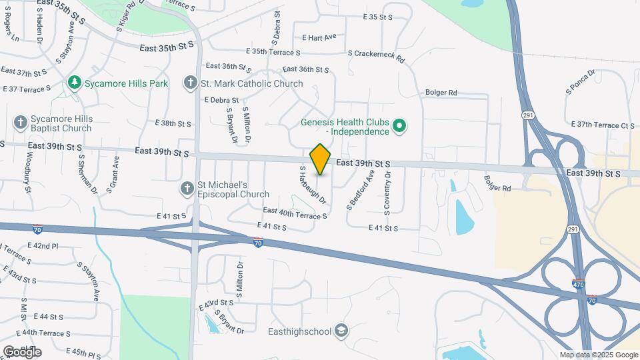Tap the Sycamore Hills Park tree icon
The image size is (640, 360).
[75, 83]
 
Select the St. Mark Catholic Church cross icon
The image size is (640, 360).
[191, 83]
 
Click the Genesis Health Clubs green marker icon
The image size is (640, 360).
[399, 126]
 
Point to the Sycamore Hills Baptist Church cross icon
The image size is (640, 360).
[21, 123]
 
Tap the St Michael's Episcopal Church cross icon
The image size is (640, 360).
[187, 189]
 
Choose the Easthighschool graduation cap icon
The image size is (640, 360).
[341, 331]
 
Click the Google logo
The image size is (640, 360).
[22, 351]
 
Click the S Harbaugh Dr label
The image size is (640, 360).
[313, 185]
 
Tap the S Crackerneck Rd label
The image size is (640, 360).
[376, 56]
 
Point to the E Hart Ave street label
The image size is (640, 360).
[319, 38]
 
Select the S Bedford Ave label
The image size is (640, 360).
[361, 190]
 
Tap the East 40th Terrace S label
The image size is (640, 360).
[295, 213]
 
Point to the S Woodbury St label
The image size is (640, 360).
[28, 171]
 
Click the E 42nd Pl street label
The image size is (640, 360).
[43, 246]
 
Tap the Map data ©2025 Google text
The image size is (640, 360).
[599, 355]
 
